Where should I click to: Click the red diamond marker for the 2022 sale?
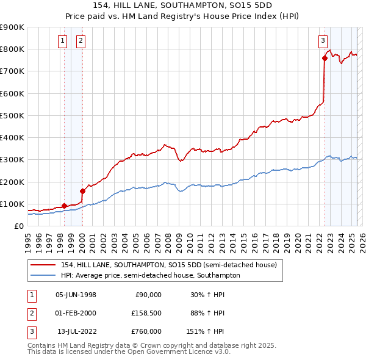pos(325,59)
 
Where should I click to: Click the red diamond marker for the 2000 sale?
pos(82,191)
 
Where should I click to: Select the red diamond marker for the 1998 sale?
pos(64,206)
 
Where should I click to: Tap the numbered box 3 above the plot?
pos(322,41)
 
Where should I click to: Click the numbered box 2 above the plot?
pos(81,41)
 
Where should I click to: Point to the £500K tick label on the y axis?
pos(12,115)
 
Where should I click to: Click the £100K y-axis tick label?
pos(12,204)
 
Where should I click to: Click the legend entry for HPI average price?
pos(150,275)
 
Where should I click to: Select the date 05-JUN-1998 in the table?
pos(76,295)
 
